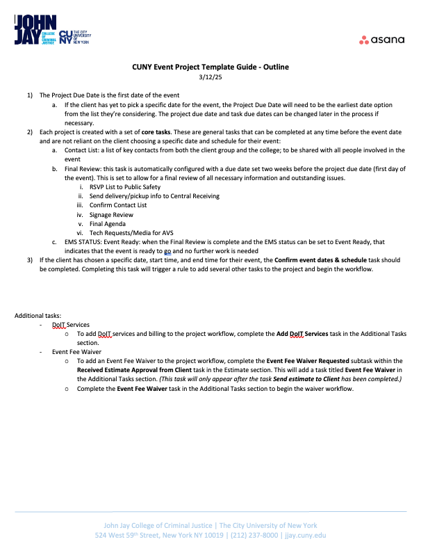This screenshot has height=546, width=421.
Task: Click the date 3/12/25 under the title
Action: pos(210,77)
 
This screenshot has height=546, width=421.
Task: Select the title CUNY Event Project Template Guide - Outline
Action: pos(210,67)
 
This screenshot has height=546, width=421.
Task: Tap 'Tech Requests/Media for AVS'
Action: pos(124,233)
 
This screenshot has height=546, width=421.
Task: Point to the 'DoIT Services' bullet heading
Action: pos(71,325)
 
